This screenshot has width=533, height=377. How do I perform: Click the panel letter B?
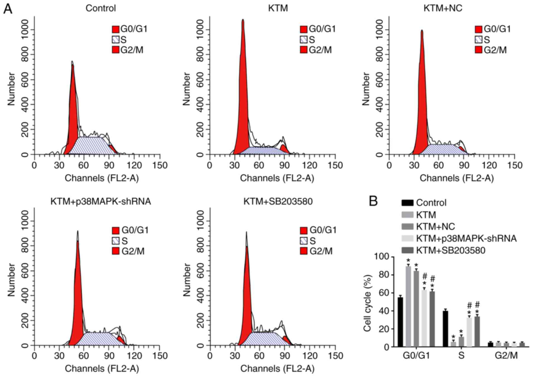pyautogui.click(x=373, y=201)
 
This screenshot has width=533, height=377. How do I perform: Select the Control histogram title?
pyautogui.click(x=101, y=8)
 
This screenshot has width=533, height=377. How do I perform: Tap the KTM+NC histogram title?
pyautogui.click(x=443, y=8)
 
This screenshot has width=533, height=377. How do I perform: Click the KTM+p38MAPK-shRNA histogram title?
pyautogui.click(x=101, y=201)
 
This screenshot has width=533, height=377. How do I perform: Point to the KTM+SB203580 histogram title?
pyautogui.click(x=278, y=201)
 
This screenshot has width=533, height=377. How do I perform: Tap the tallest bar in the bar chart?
pyautogui.click(x=408, y=306)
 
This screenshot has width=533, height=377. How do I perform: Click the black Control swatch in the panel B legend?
pyautogui.click(x=407, y=203)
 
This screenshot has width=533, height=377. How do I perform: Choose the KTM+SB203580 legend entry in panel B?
pyautogui.click(x=450, y=250)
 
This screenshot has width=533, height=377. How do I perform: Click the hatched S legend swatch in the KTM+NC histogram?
pyautogui.click(x=478, y=40)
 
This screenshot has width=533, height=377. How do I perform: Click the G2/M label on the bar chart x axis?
pyautogui.click(x=506, y=355)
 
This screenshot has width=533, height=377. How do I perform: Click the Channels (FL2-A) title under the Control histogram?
pyautogui.click(x=102, y=178)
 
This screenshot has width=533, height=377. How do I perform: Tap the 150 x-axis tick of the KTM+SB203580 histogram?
pyautogui.click(x=335, y=356)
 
